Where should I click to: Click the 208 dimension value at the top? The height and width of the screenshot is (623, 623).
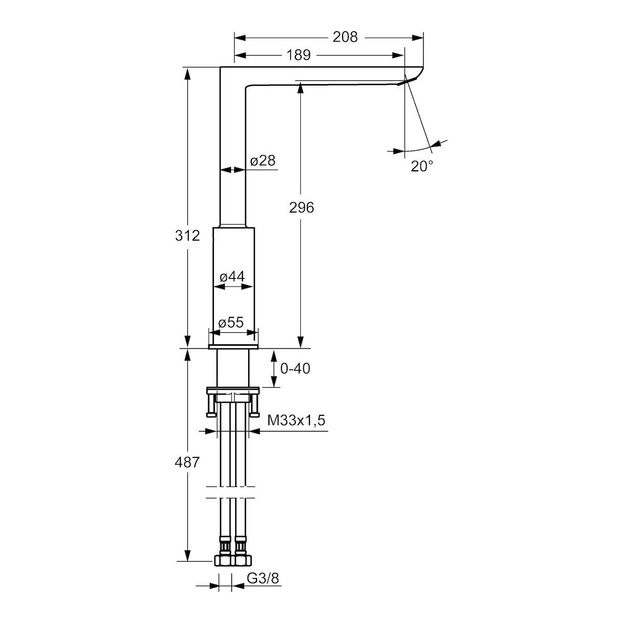[x=345, y=37]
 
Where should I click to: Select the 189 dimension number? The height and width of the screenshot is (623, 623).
[x=299, y=55]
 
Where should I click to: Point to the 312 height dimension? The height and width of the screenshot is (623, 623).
[x=187, y=236]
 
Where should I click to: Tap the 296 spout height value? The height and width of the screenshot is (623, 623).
[x=301, y=208]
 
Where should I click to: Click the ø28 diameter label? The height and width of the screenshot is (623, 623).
[x=263, y=160]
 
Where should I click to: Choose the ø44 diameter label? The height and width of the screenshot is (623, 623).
[x=232, y=276]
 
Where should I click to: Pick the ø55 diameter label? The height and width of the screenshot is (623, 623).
[x=231, y=322]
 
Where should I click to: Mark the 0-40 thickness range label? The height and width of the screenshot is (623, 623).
[x=295, y=369]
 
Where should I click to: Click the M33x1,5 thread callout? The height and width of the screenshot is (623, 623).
[x=296, y=421]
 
